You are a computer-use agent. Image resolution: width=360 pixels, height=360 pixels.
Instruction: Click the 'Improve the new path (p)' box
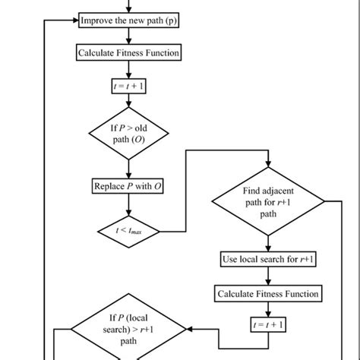[x=128, y=21]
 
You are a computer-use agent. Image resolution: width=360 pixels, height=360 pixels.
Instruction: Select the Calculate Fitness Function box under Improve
[x=128, y=52]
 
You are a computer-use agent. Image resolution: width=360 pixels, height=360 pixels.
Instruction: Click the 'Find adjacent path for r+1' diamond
[x=268, y=202]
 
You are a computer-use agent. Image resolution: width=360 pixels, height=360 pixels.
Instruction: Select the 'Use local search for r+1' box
[x=268, y=259]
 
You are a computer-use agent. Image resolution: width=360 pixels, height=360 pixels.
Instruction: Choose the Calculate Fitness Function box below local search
[x=268, y=293]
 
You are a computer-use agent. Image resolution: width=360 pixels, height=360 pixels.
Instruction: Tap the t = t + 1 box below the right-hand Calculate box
[x=268, y=324]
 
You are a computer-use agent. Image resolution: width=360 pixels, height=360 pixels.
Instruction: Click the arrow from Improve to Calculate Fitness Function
[x=128, y=37]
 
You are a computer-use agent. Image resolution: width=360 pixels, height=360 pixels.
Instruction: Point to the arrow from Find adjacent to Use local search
[x=268, y=241]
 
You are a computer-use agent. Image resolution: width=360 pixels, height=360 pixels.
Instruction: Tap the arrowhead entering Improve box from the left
[x=75, y=21]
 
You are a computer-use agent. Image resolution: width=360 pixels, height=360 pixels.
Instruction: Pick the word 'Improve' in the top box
[x=99, y=21]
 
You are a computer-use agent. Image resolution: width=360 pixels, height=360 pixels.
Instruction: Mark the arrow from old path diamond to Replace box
[x=128, y=169]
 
